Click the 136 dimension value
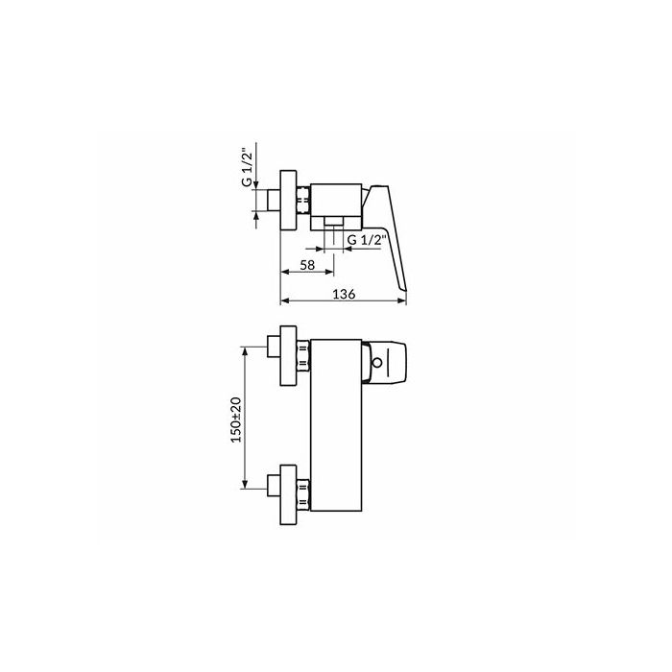pyautogui.click(x=344, y=294)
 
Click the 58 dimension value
pyautogui.click(x=307, y=265)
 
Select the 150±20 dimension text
pyautogui.click(x=236, y=420)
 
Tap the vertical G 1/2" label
pyautogui.click(x=247, y=168)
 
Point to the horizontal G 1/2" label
pyautogui.click(x=365, y=240)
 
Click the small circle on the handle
pyautogui.click(x=377, y=363)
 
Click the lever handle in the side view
pyautogui.click(x=385, y=237)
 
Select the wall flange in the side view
pyautogui.click(x=288, y=201)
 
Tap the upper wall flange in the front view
pyautogui.click(x=288, y=355)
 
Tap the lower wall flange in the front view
pyautogui.click(x=288, y=494)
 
